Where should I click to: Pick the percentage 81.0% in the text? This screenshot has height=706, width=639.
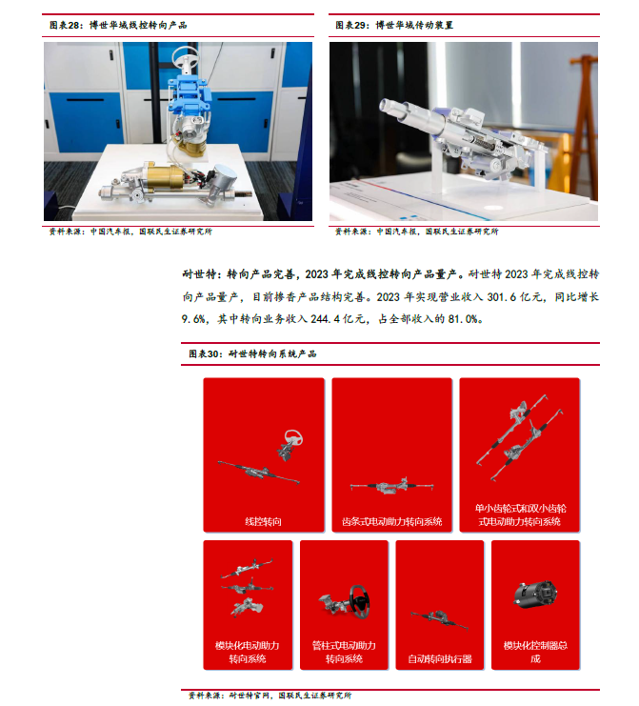point(463,319)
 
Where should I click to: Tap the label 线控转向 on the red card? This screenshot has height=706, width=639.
point(263,522)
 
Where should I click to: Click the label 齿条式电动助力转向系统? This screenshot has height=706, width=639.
point(392,522)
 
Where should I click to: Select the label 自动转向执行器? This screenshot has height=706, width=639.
point(440,659)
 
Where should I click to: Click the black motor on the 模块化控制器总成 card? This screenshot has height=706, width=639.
point(535,595)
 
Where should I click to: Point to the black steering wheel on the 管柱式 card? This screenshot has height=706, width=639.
point(361,601)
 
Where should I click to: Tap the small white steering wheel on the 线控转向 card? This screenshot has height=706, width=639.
point(293,437)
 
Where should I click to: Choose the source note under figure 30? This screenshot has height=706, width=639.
point(270,696)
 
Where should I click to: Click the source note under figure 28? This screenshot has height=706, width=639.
point(130,232)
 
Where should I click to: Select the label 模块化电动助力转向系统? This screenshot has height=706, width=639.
point(247,652)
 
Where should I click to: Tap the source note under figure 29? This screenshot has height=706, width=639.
point(417,232)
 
